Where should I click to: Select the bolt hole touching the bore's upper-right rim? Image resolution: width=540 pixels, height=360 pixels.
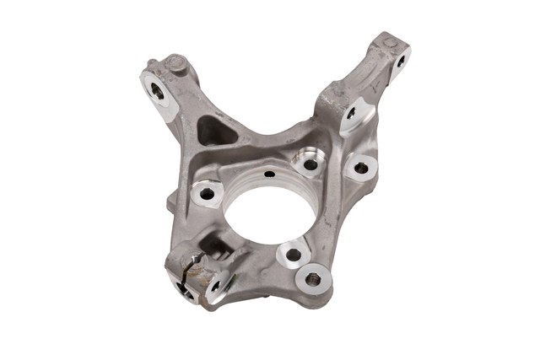pos(303,159)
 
